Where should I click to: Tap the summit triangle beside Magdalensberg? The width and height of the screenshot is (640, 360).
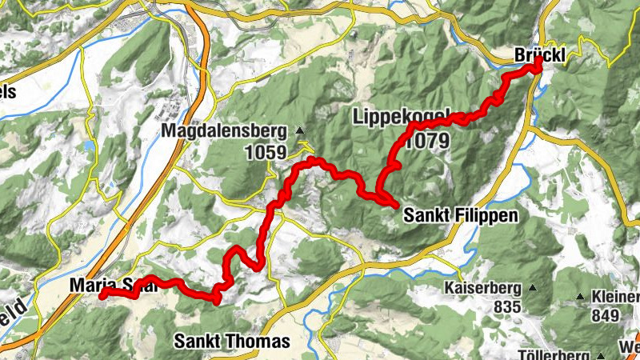300,130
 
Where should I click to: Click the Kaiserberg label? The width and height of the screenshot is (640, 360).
484,288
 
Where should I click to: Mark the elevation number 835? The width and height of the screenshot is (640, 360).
507,307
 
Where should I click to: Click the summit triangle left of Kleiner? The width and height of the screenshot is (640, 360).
580,297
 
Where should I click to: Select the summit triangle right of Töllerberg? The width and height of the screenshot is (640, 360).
598,354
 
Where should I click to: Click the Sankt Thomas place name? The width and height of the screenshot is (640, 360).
232,342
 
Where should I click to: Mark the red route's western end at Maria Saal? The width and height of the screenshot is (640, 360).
102,295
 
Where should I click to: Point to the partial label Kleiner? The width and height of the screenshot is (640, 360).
614,297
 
